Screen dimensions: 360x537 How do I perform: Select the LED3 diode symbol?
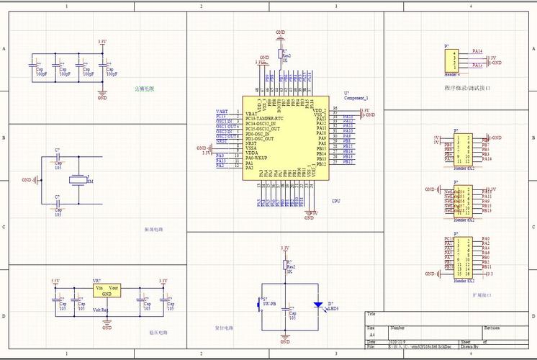[x=317, y=305]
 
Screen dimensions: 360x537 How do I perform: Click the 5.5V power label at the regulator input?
[x=55, y=281]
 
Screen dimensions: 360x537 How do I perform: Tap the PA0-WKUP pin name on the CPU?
[x=257, y=158]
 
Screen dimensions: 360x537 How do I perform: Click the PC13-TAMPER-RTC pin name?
[x=266, y=118]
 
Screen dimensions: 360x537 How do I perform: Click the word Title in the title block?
[x=371, y=315]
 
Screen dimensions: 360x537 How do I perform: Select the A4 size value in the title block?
[x=372, y=335]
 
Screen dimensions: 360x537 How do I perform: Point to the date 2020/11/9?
[x=397, y=341]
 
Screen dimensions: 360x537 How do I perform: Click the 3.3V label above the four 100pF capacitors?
[x=102, y=42]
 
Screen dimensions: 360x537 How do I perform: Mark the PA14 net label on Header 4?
[x=477, y=52]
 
